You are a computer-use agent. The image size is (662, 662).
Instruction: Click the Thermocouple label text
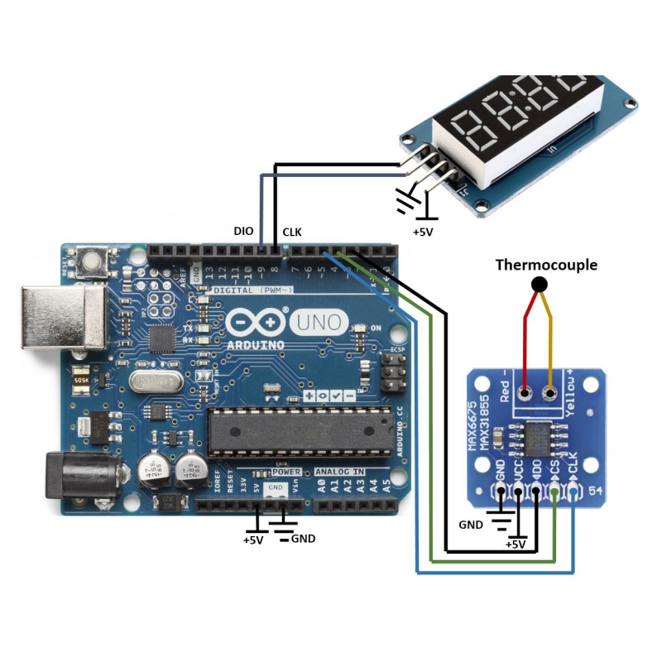click(x=546, y=266)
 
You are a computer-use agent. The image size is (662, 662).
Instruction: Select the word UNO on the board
click(x=319, y=321)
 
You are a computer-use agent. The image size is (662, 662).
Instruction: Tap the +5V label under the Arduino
click(x=252, y=540)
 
